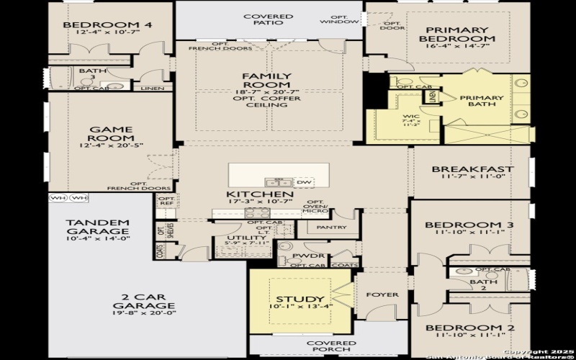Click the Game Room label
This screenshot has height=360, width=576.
pyautogui.click(x=111, y=134)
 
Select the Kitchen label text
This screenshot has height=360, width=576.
pyautogui.click(x=259, y=194)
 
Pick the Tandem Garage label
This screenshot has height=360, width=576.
pyautogui.click(x=97, y=228)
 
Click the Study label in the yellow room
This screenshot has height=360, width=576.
pyautogui.click(x=300, y=299)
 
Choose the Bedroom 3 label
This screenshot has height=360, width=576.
pyautogui.click(x=468, y=225)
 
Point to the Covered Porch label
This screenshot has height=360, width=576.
pyautogui.click(x=331, y=348)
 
